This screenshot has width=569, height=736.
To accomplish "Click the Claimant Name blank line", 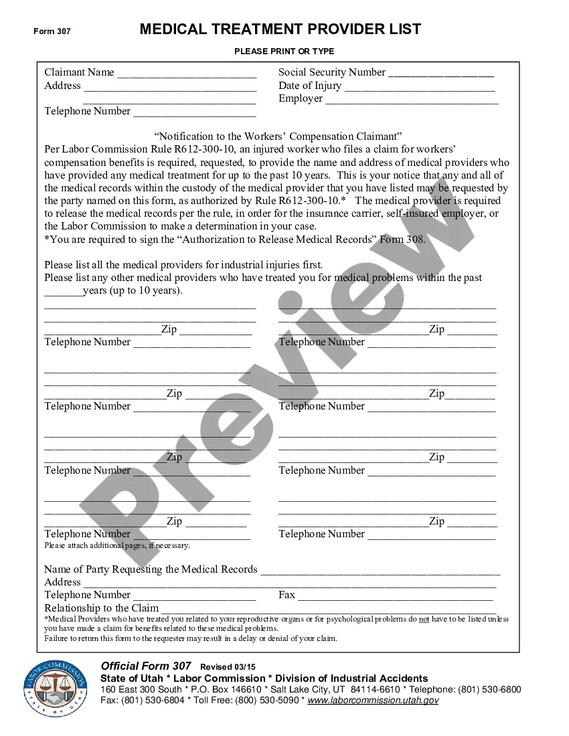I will pyautogui.click(x=186, y=74).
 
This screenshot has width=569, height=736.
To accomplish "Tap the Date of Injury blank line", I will pyautogui.click(x=419, y=87).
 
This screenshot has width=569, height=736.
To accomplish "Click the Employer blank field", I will pyautogui.click(x=411, y=100).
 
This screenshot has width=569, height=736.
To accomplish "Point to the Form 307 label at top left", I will pyautogui.click(x=52, y=31).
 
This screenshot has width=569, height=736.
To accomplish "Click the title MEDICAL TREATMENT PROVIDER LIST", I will pyautogui.click(x=280, y=29).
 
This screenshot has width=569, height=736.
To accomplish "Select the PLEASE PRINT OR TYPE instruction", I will pyautogui.click(x=284, y=52).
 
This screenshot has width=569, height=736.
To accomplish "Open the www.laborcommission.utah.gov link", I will pyautogui.click(x=374, y=700).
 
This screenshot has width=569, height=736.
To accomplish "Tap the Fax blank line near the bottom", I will pyautogui.click(x=395, y=596).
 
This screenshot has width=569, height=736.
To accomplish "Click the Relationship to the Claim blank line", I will pyautogui.click(x=328, y=610).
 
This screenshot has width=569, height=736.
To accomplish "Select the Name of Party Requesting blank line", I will pyautogui.click(x=380, y=571).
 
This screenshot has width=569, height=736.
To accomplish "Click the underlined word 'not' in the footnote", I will pyautogui.click(x=424, y=619).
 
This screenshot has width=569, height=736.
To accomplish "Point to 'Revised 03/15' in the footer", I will pyautogui.click(x=228, y=667).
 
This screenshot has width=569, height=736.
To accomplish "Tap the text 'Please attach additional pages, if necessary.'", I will pyautogui.click(x=117, y=545).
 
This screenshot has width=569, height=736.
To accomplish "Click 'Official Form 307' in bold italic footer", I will pyautogui.click(x=146, y=666).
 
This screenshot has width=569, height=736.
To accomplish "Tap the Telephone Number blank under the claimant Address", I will pyautogui.click(x=194, y=112).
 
